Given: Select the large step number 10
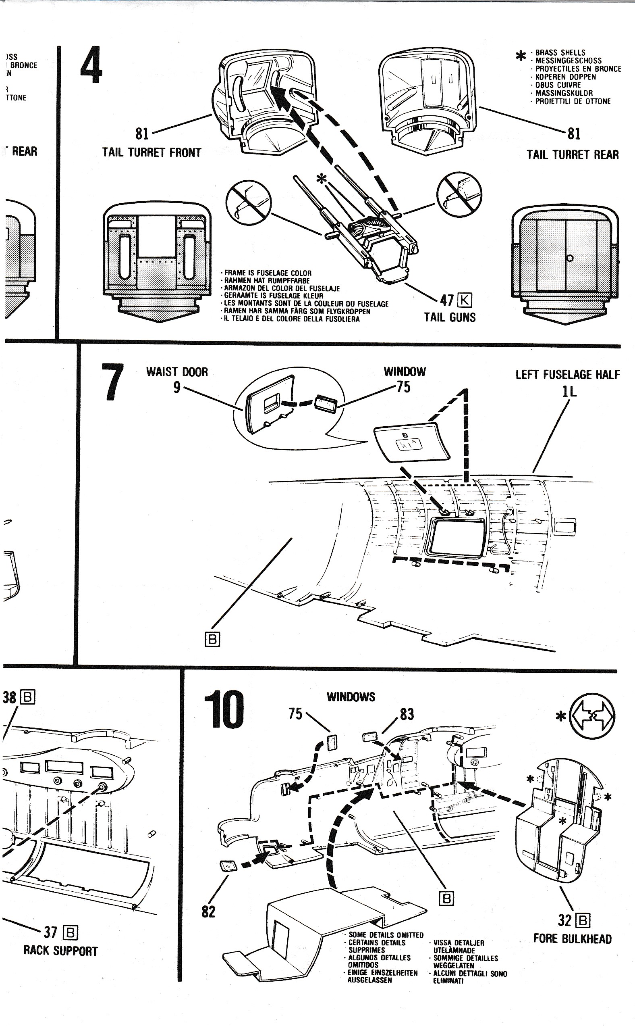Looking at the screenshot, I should pos(224,710).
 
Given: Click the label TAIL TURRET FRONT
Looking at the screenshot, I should pos(151,152).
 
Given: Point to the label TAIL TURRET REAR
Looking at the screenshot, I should pos(573,155).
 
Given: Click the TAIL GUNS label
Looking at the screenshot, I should pos(450,317).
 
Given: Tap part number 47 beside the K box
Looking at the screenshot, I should pos(447,300).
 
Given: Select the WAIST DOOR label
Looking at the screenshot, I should pos(177,372).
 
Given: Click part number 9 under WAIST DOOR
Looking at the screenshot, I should pos(177,387).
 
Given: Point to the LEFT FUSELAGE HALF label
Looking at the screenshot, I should pos(567,375).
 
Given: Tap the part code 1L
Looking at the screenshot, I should pos(569,392).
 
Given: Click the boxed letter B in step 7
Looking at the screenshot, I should pos(212,639).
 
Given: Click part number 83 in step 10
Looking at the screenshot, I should pos(407,714).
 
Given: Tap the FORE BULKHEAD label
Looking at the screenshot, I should pos(573,938).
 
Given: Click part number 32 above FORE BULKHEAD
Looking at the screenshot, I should pos(565,920).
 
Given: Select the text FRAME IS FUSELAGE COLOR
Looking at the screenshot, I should pos(268,273).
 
